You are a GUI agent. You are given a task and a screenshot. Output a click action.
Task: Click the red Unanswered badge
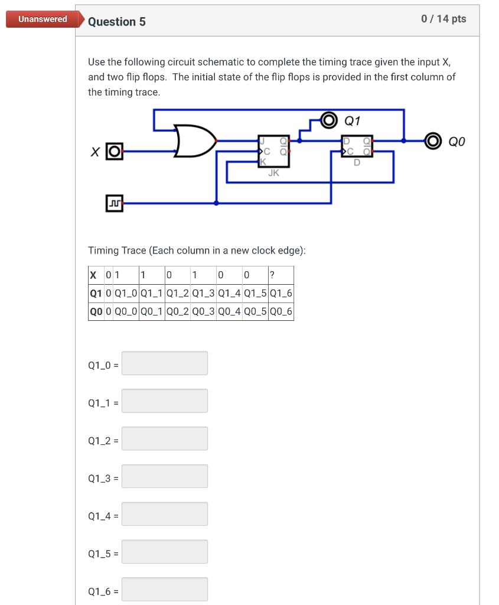point(43,19)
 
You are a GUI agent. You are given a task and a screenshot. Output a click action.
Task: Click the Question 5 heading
point(117,22)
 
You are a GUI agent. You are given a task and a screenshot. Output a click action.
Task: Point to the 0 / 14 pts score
point(443,19)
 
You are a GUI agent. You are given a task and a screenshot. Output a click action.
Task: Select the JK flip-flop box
point(274,151)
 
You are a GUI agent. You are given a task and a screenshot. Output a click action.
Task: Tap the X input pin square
point(115,151)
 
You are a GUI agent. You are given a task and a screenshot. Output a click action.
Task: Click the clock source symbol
point(115,203)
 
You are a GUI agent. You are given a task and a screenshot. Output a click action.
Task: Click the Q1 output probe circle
point(328,121)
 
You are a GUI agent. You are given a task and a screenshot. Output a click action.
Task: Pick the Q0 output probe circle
point(434,141)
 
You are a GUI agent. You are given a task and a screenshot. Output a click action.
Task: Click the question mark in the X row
point(271,275)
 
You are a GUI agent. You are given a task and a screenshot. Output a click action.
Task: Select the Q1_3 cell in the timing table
point(204,293)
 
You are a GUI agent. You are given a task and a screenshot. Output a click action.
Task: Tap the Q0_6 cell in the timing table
point(281,311)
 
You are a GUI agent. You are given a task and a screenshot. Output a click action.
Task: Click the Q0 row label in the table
point(94,311)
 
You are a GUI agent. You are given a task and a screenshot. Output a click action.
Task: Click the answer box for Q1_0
point(165,363)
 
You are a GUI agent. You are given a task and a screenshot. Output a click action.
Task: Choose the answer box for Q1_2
point(165,438)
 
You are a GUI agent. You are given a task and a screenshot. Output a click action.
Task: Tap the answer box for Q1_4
point(165,514)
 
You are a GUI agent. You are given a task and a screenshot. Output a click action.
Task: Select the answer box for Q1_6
point(165,589)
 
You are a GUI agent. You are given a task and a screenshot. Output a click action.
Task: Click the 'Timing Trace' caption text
point(197,251)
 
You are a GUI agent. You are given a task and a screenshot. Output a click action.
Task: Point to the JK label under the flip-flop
point(274,173)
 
